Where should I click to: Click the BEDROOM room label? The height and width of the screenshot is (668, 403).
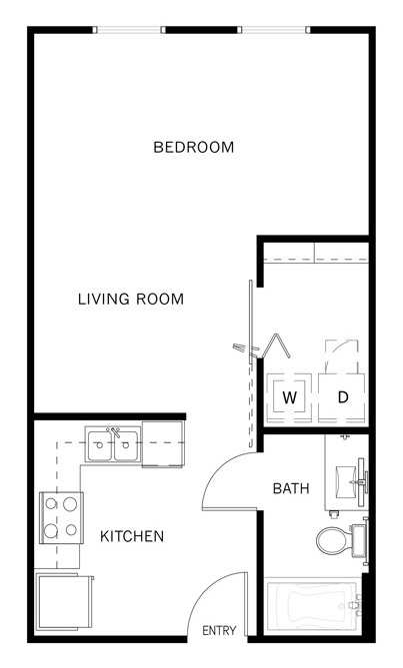coord(194,148)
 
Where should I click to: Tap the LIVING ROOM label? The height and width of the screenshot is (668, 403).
coord(131,300)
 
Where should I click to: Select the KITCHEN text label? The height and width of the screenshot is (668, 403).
coord(132,536)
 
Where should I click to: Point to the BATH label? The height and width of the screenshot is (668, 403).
coord(291,488)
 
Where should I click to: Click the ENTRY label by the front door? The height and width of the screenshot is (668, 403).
coord(219,630)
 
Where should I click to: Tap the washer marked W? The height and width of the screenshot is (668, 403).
coord(289,398)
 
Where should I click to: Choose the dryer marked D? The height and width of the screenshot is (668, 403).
coord(342,398)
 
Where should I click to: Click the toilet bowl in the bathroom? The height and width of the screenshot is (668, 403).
coord(335,540)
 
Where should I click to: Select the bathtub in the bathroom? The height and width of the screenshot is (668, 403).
coord(313,604)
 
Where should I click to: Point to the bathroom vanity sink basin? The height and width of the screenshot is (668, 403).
coord(345,482)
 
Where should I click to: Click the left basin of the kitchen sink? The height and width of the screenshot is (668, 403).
coord(100,445)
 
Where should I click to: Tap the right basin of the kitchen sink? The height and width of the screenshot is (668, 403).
coord(126,445)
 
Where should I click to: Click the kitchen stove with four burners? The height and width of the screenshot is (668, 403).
coord(61,517)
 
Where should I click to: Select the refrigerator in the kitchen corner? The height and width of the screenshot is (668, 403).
coord(64,601)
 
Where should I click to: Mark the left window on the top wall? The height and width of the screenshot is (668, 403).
coord(129,30)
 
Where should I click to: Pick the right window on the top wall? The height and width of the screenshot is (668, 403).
coord(274,30)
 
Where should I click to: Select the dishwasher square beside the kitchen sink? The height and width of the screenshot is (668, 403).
coord(163,444)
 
